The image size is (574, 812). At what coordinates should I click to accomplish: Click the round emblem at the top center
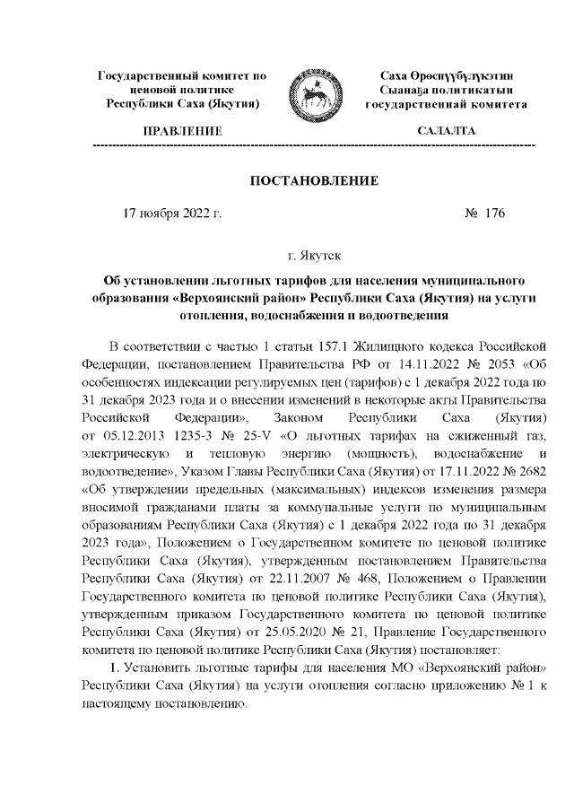312,94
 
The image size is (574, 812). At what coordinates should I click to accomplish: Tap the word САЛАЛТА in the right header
446,132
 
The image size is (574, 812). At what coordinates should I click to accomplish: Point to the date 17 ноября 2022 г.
171,214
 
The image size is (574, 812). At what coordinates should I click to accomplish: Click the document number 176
494,214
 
